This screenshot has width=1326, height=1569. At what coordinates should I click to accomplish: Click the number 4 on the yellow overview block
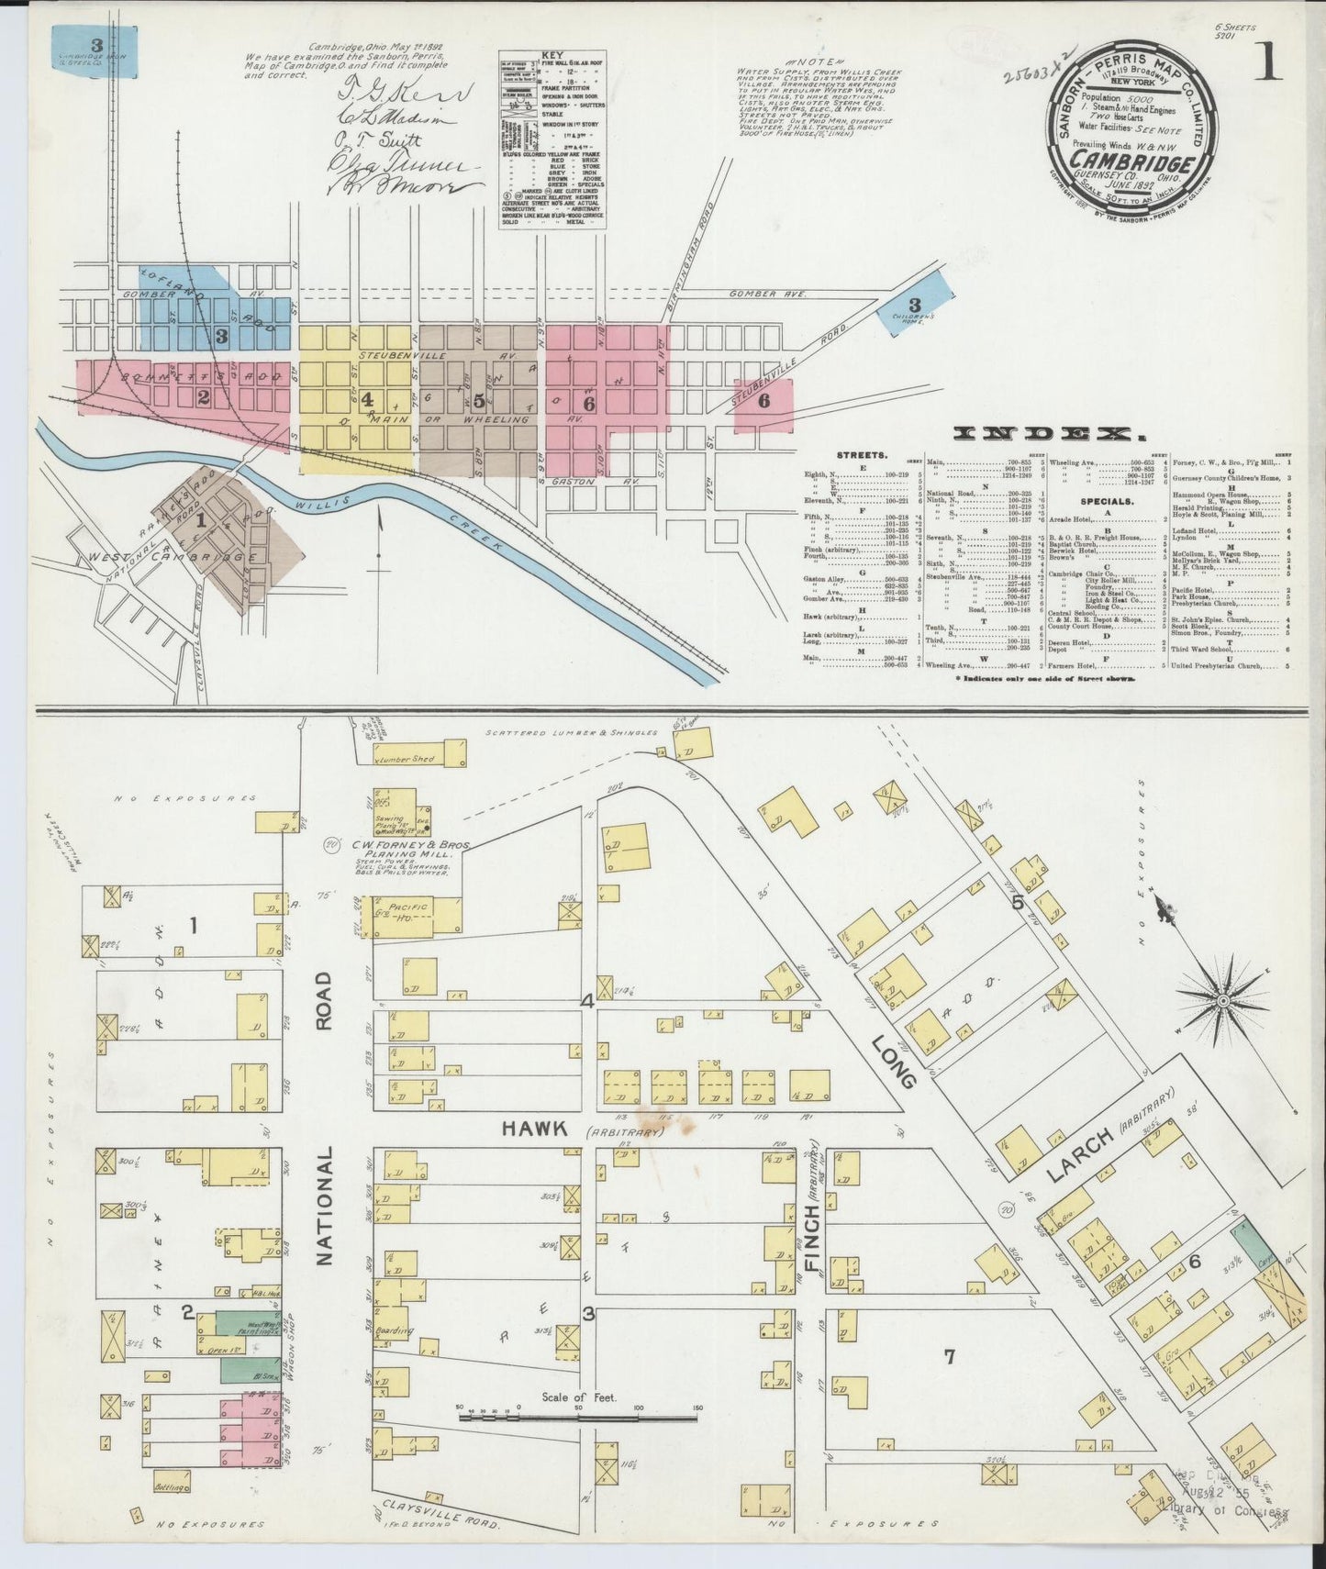click(367, 399)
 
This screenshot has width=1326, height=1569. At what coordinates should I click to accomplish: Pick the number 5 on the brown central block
click(479, 400)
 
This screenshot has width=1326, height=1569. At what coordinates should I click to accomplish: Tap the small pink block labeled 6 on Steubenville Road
click(763, 400)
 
